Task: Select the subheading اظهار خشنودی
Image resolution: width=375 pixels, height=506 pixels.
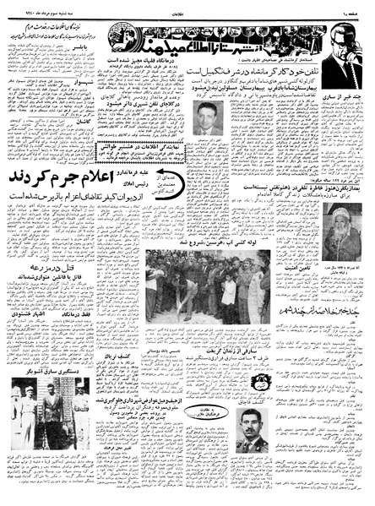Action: (x=51, y=344)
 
